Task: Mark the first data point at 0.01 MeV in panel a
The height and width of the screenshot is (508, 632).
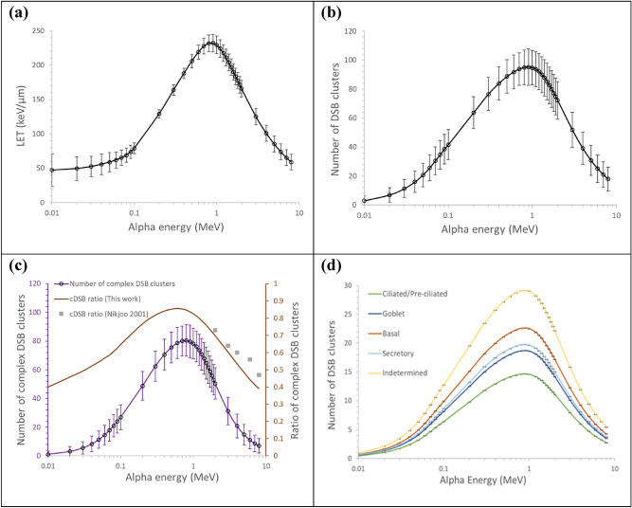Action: click(51, 171)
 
